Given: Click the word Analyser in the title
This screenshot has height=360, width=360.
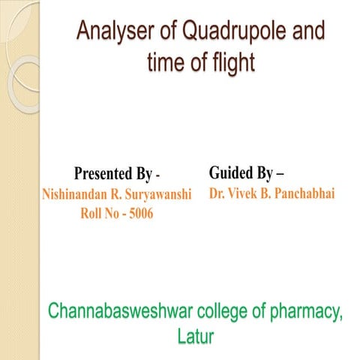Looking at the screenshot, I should pyautogui.click(x=113, y=33).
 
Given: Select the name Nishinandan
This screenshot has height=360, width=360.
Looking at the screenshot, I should pyautogui.click(x=74, y=195).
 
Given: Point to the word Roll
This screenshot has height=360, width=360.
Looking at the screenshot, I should pyautogui.click(x=92, y=213).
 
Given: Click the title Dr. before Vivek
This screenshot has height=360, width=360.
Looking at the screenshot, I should pyautogui.click(x=218, y=193).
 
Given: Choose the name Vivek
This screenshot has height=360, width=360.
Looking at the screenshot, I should pyautogui.click(x=247, y=193).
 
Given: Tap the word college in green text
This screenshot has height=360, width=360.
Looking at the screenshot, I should pyautogui.click(x=236, y=310).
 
